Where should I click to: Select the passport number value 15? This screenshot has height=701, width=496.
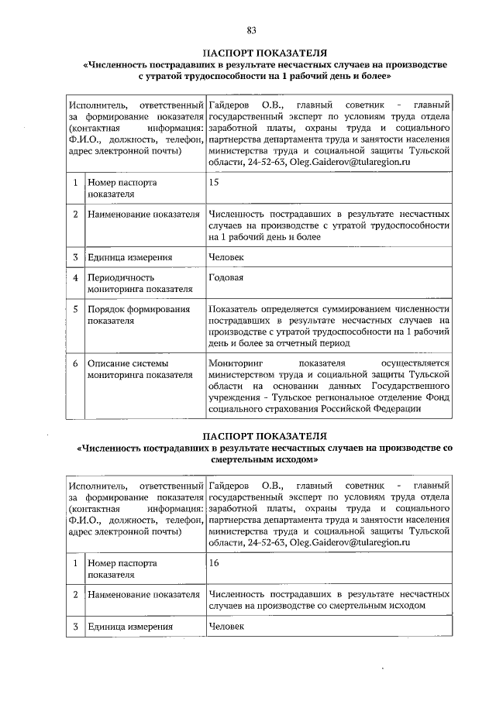point(215,183)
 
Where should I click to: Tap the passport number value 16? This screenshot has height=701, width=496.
point(215,565)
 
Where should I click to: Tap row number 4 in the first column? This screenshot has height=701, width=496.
point(75,277)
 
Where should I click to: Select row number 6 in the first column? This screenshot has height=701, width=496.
point(75,363)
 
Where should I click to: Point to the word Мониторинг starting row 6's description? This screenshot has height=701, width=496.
point(236,363)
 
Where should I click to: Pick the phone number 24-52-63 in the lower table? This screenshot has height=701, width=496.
point(265,545)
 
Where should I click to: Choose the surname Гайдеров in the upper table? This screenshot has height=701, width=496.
point(232,104)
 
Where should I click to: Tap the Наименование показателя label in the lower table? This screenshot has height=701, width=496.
point(143,595)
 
